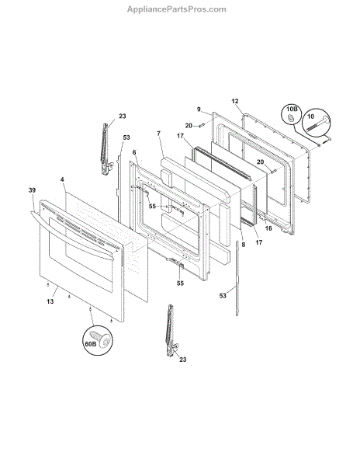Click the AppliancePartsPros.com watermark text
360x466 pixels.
coord(177,9)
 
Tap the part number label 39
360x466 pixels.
coord(32,190)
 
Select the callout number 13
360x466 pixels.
coord(50,301)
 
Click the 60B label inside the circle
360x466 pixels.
coord(89,344)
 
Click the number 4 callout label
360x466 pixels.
coord(62,179)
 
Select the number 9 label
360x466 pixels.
coord(199,109)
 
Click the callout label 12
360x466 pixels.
coord(235,101)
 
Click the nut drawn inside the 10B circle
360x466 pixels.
coord(291,118)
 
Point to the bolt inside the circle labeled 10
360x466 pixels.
coord(318,125)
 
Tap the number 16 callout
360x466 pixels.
coord(268,228)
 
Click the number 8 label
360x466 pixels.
coord(244,245)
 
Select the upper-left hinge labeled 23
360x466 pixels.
coord(106,149)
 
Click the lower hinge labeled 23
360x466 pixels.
coord(171,331)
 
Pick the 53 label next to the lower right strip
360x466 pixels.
coord(223,295)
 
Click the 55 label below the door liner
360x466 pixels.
coord(180,283)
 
